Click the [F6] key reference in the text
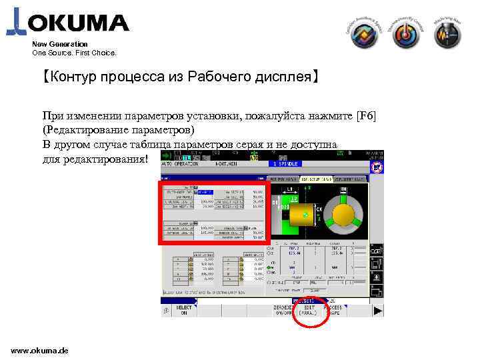367,117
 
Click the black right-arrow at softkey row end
378,310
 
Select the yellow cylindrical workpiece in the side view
298,214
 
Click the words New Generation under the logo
60,44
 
